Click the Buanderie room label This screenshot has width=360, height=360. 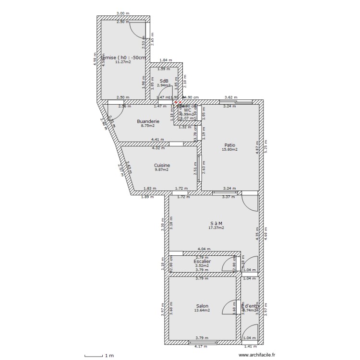(x=148, y=121)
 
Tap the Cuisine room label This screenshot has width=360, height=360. (x=162, y=165)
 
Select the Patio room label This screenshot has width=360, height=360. (x=230, y=145)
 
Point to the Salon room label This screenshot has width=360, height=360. (x=202, y=306)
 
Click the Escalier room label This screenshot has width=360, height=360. (x=202, y=262)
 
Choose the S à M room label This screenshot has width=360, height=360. (x=216, y=223)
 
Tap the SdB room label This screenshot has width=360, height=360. (x=164, y=81)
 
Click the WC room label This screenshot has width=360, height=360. (x=187, y=110)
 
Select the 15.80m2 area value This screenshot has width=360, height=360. (x=230, y=149)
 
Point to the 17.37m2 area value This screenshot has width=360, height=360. (x=216, y=228)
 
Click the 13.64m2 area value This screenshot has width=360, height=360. (x=202, y=310)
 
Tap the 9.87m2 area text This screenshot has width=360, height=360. (x=162, y=169)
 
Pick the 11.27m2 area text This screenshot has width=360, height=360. (x=123, y=61)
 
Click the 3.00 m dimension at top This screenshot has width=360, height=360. (x=123, y=13)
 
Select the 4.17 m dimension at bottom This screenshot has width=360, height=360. (x=201, y=347)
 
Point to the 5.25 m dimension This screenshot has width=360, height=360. (x=265, y=146)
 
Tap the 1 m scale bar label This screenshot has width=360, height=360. (x=109, y=356)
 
